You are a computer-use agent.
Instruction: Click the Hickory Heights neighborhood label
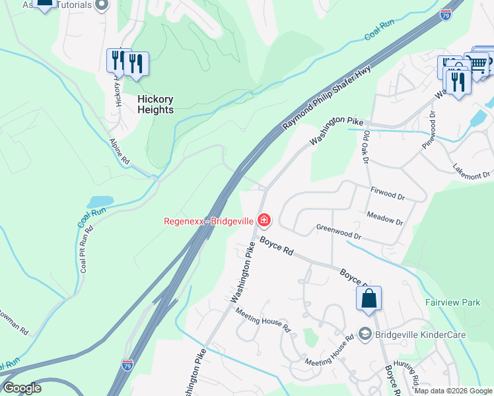click(x=155, y=104)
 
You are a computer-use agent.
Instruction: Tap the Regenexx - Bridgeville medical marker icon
click(x=264, y=219)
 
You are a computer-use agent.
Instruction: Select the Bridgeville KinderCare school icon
click(x=365, y=335)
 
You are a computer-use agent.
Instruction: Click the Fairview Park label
click(x=453, y=302)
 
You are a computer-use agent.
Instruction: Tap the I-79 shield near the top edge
click(x=445, y=14)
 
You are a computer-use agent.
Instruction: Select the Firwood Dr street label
click(x=388, y=195)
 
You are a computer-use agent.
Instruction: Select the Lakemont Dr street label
click(x=471, y=171)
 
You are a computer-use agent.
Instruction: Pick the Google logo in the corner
click(x=22, y=388)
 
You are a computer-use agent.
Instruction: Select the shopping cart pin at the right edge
click(x=477, y=65)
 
